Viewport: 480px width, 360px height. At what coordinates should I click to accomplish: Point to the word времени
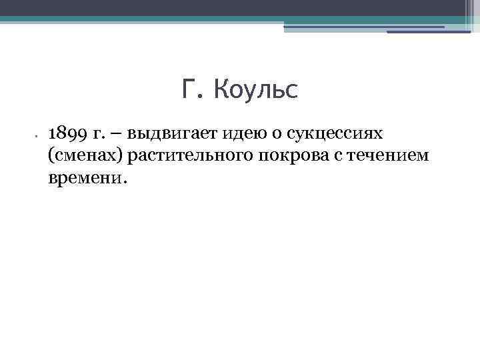click(x=83, y=179)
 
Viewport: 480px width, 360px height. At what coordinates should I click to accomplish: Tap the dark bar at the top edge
click(x=240, y=7)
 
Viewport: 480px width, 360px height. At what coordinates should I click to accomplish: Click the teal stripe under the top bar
click(x=240, y=19)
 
